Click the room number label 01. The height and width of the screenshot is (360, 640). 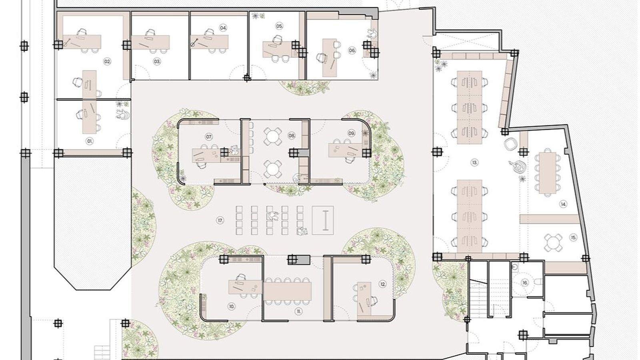point(90,141)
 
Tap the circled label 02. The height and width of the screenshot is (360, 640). point(107,62)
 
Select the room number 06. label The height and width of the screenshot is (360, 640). point(352,50)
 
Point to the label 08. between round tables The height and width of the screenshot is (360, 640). point(292,136)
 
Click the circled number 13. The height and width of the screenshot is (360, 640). point(474,162)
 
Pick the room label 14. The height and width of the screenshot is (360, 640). point(563,204)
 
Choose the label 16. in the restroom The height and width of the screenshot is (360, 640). point(525,283)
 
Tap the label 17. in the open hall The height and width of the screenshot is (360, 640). point(220,220)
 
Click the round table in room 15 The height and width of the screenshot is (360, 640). point(552,241)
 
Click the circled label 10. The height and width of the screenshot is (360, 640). point(232,306)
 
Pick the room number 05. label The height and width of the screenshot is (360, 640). point(279,26)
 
